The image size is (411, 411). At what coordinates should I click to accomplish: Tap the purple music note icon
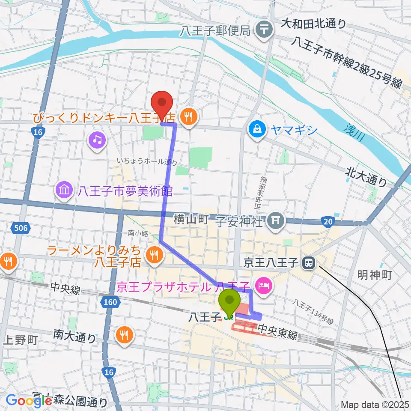(x=97, y=140)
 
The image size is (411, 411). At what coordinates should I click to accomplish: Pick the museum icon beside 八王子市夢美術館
(x=64, y=191)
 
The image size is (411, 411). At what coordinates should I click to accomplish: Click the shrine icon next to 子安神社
(x=274, y=221)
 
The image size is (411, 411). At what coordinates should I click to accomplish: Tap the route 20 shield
(x=328, y=221)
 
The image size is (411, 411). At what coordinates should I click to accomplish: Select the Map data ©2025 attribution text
(x=375, y=405)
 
